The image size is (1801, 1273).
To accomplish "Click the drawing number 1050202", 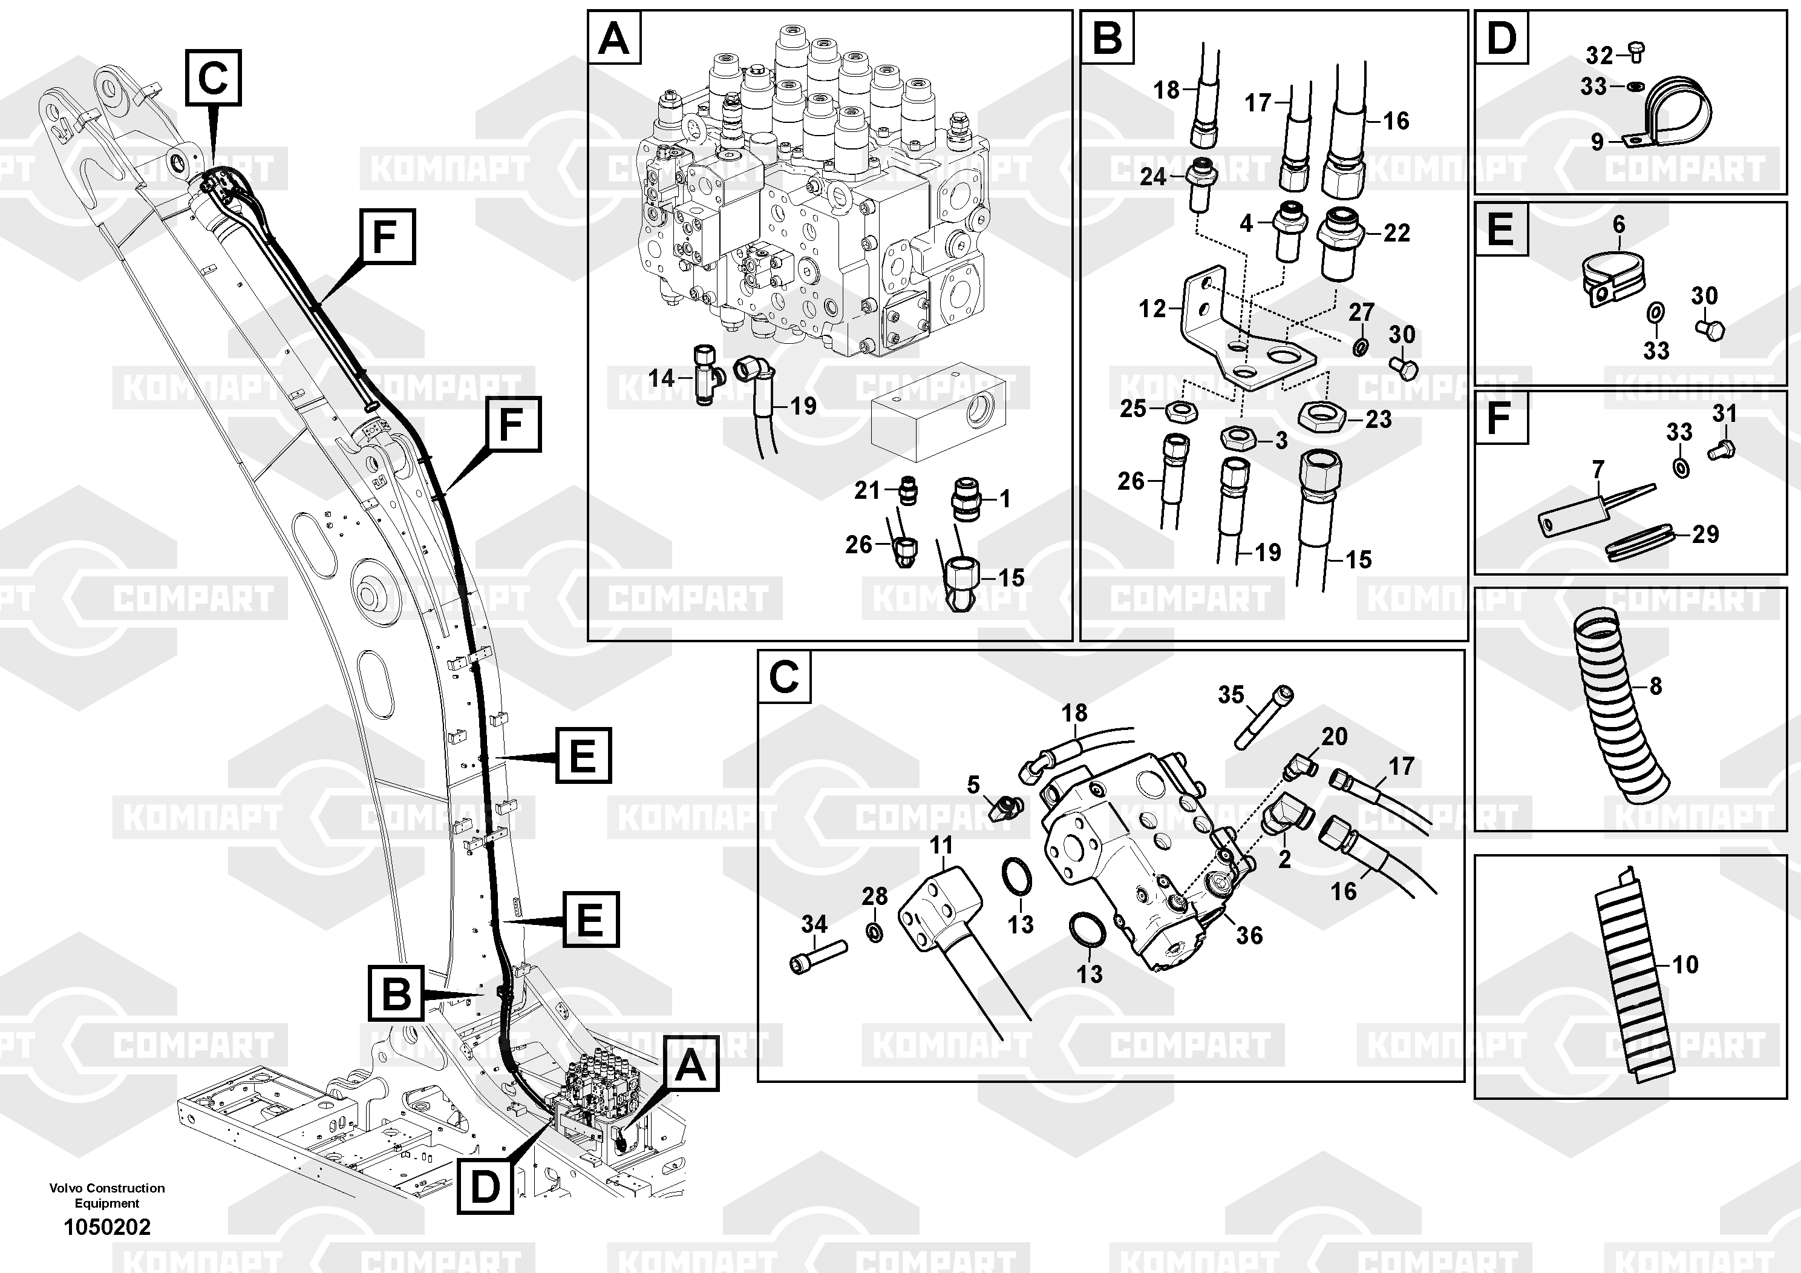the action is (x=106, y=1227).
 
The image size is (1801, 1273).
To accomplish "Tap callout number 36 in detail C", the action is (x=1249, y=935).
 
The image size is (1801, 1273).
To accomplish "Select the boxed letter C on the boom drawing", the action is (x=214, y=77).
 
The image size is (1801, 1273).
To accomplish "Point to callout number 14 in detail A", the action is (x=661, y=378).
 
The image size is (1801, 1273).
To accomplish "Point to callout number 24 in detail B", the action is (x=1152, y=177).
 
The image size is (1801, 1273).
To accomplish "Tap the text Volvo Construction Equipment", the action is (x=108, y=1196).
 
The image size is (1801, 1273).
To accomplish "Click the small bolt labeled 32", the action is (x=1635, y=53).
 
